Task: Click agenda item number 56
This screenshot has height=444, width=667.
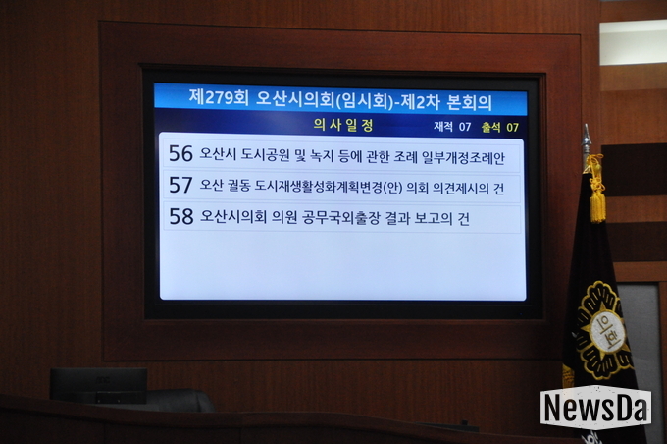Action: pos(180,153)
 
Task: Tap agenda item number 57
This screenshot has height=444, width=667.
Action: pos(180,185)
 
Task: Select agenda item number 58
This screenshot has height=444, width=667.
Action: pos(181,216)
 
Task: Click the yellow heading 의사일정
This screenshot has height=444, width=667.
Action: pos(343,125)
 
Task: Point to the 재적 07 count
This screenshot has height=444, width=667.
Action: pos(452,127)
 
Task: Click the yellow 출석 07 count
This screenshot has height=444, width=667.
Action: pos(500,127)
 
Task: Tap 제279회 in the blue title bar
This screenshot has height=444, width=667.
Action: pos(219,97)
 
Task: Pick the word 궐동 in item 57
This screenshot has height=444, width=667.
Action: pos(239,186)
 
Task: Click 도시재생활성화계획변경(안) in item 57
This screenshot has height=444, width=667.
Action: pos(329,187)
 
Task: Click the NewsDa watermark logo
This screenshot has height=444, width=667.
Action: pos(595,408)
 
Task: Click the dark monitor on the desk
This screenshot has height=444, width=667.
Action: pos(99,386)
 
